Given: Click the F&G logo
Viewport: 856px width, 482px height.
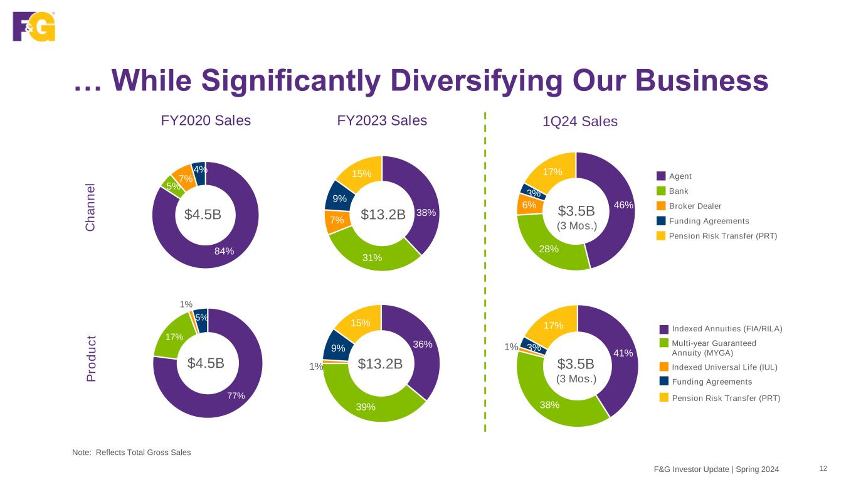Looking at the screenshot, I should (x=34, y=26).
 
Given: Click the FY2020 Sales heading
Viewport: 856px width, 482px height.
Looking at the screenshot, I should (x=206, y=120).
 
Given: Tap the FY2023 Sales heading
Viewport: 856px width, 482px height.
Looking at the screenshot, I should (x=382, y=120).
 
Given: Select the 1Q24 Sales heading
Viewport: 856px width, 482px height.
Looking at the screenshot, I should (x=579, y=122).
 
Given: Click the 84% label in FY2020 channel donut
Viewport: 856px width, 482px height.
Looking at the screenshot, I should (x=224, y=251).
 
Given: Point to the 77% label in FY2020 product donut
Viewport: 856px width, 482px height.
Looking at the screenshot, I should (x=235, y=395).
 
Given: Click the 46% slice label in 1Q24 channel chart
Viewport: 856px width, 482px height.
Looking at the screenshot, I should (x=623, y=205).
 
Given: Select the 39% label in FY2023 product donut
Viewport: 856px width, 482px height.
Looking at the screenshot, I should (x=366, y=407).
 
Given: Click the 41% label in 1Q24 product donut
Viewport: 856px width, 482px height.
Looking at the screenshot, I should (x=623, y=353).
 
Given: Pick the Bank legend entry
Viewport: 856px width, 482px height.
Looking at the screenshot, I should (x=678, y=191).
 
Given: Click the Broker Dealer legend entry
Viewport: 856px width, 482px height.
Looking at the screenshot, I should (x=695, y=206).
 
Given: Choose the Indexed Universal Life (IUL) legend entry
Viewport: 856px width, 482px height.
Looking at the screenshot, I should (x=724, y=367).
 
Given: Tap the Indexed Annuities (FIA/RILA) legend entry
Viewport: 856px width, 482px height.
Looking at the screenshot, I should (x=727, y=328).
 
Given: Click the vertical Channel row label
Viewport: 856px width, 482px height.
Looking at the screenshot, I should (x=90, y=208).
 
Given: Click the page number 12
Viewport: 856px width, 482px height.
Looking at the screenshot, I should (x=823, y=468).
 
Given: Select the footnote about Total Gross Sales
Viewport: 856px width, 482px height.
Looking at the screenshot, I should (x=132, y=453).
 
